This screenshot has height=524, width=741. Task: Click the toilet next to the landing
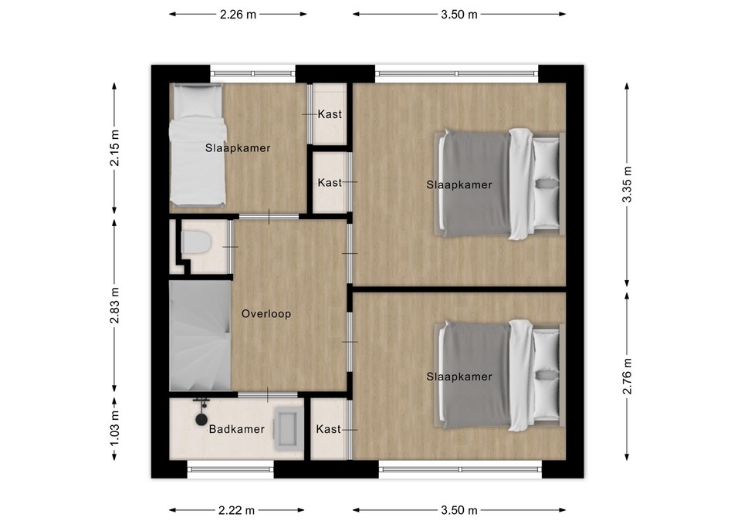pyautogui.click(x=195, y=242)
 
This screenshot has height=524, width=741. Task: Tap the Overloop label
pyautogui.click(x=266, y=314)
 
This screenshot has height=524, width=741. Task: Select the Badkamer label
pyautogui.click(x=237, y=429)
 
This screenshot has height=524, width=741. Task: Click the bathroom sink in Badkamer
pyautogui.click(x=286, y=429)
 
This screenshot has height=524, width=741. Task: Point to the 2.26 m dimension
pyautogui.click(x=238, y=15)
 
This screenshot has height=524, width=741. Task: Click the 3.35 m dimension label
pyautogui.click(x=627, y=184)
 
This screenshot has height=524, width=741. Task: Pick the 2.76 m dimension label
pyautogui.click(x=627, y=376)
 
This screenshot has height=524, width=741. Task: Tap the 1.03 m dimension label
pyautogui.click(x=114, y=428)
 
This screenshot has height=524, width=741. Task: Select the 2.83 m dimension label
pyautogui.click(x=114, y=306)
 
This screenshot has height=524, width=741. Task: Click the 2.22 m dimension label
pyautogui.click(x=236, y=510)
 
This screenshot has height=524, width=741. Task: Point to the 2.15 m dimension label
pyautogui.click(x=114, y=148)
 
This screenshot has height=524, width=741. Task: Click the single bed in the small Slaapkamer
pyautogui.click(x=197, y=145)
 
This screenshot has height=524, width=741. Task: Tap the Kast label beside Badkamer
pyautogui.click(x=329, y=429)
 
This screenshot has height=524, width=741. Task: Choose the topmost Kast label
pyautogui.click(x=330, y=114)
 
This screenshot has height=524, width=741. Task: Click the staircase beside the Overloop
pyautogui.click(x=201, y=336)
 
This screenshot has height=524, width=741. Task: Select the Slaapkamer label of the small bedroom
pyautogui.click(x=238, y=148)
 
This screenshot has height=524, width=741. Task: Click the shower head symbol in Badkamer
pyautogui.click(x=201, y=418)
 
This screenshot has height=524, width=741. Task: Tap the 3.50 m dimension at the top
pyautogui.click(x=458, y=15)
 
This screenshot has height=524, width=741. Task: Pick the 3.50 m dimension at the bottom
pyautogui.click(x=458, y=510)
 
